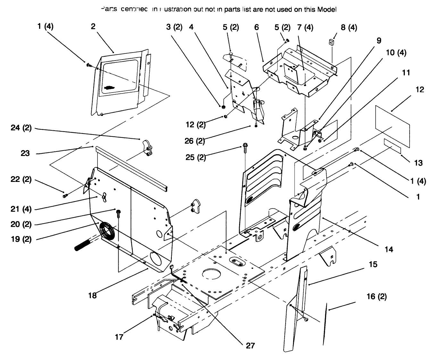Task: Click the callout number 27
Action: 250,346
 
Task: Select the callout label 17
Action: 119,337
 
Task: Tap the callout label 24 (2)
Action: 21,128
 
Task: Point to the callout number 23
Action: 25,153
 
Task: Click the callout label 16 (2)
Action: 376,297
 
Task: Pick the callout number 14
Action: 389,249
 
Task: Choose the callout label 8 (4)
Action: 349,28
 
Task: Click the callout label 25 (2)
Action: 196,157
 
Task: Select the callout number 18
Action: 92,295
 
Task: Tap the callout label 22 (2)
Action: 21,179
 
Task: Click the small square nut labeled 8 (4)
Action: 331,42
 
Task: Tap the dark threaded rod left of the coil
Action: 87,243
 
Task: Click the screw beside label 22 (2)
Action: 65,194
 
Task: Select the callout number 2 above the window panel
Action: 93,27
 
